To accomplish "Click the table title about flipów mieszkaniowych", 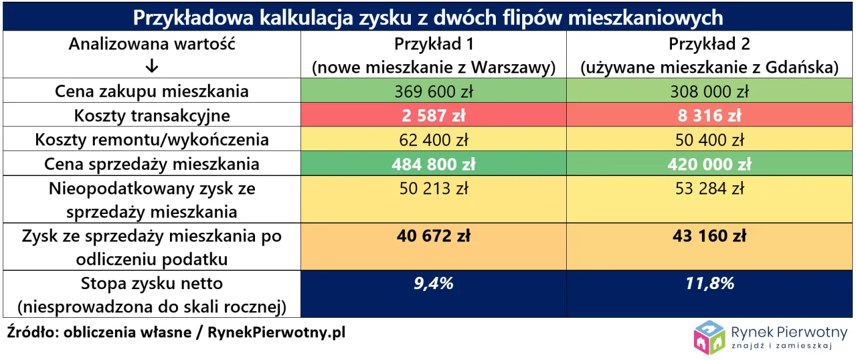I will point(428,17).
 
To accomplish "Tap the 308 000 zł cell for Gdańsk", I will point(709,92).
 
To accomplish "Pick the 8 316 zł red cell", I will point(709,116).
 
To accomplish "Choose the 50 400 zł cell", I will point(709,140).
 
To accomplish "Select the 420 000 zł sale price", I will point(709,164).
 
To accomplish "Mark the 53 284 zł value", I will point(709,189).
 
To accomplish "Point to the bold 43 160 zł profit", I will point(709,235).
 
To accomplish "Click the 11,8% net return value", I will point(709,284).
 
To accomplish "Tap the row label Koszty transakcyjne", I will point(152,116).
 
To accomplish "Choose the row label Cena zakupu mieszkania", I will point(152,92).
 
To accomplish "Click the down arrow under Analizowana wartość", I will point(152,67).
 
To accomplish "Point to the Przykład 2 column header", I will point(709,45).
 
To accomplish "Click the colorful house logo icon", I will point(709,337).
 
